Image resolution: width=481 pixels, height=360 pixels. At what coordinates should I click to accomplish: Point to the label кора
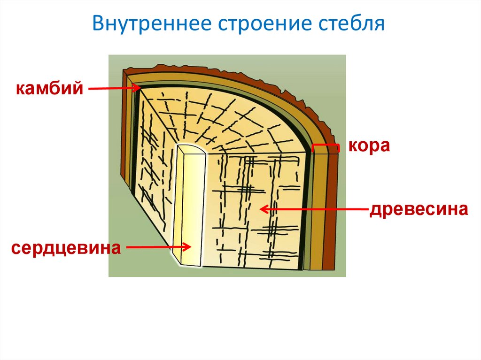pos(369,146)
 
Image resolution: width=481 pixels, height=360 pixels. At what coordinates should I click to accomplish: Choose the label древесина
pos(419,209)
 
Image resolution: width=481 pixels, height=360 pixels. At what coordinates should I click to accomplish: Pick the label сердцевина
pos(64,247)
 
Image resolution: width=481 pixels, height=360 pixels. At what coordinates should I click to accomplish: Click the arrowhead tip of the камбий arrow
pos(140,88)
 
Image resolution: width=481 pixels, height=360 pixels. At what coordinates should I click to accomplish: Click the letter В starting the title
pos(97,24)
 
